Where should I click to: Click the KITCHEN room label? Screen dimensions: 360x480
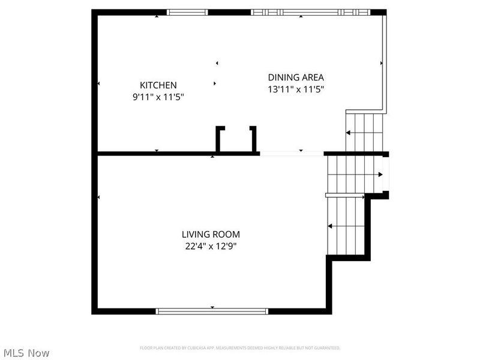[x=158, y=85]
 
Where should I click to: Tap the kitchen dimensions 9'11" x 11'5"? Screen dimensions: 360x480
[x=158, y=96]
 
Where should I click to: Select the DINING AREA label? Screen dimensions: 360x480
[x=296, y=77]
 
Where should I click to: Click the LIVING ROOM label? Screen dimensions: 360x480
[x=211, y=235]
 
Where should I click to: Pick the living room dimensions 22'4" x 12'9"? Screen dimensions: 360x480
[x=211, y=245]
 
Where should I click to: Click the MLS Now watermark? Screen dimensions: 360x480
[x=26, y=353]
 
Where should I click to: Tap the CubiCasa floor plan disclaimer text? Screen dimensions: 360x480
[x=240, y=348]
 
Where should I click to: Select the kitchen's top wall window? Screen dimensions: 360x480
[x=187, y=12]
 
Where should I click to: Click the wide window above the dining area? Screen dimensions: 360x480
[x=310, y=12]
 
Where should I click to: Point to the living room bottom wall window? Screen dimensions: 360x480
[x=212, y=311]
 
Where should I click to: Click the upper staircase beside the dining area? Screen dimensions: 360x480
[x=365, y=132]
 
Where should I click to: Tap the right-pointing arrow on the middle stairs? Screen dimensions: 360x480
[x=380, y=175]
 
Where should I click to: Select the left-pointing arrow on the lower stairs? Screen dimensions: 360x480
[x=329, y=226]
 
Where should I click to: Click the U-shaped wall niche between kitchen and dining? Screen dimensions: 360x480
[x=236, y=139]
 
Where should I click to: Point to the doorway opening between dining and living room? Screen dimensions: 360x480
[x=292, y=154]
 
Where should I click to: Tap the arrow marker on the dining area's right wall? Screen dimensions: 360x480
[x=381, y=62]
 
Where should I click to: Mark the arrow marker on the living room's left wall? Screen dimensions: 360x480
[x=98, y=197]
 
